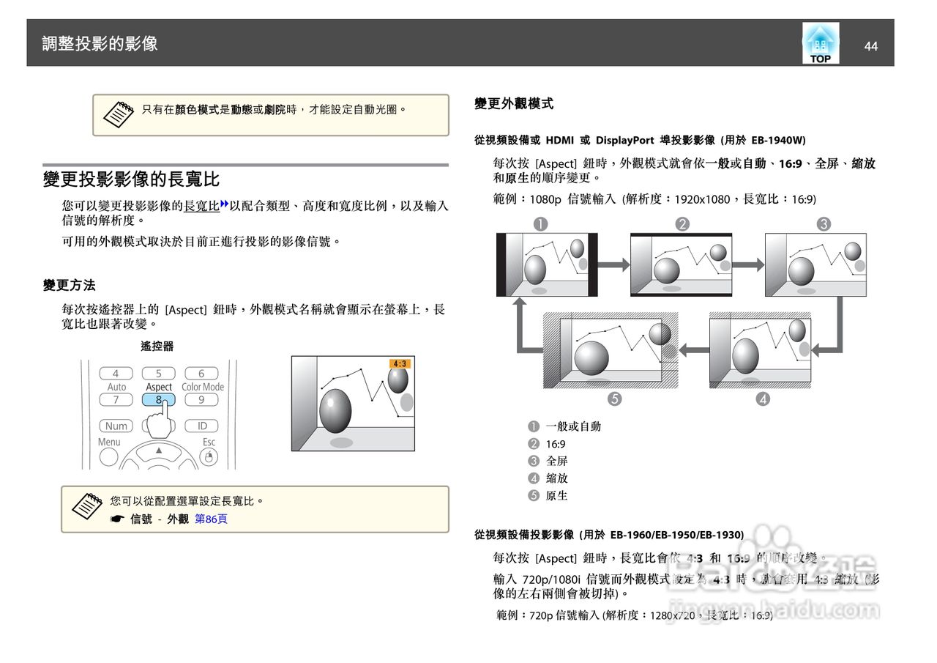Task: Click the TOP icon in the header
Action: pos(820,44)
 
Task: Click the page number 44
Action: pos(870,46)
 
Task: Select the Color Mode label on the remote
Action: pos(203,387)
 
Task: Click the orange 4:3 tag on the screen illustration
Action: pos(400,363)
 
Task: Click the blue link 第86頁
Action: pos(211,519)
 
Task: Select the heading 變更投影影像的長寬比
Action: pos(131,179)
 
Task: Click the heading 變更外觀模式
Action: pos(514,104)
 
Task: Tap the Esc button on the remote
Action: pos(209,456)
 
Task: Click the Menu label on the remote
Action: pos(109,442)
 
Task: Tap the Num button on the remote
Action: pos(116,426)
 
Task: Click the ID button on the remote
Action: pos(202,426)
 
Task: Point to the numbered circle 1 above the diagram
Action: pos(540,224)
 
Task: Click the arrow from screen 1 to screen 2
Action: pos(613,264)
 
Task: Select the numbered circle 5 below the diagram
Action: pos(614,399)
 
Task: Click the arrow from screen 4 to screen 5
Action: pos(693,349)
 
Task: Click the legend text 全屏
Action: pos(557,461)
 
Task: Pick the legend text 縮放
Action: pos(557,478)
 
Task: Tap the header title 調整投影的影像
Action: pos(100,43)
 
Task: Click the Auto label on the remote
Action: pos(116,387)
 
